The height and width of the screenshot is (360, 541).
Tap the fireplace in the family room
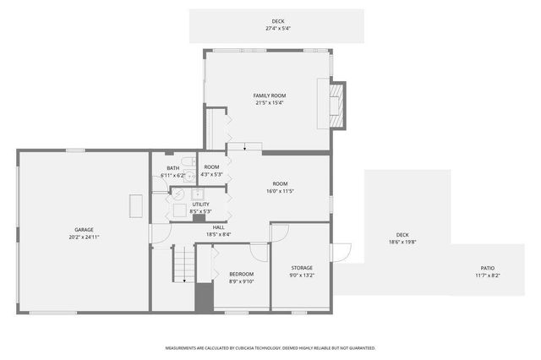(336, 105)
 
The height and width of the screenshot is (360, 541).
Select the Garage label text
(84, 229)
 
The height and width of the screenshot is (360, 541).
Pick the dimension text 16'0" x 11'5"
(280, 191)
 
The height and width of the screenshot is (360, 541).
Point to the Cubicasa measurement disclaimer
(270, 347)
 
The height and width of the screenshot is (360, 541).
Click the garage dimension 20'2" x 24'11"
(84, 237)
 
